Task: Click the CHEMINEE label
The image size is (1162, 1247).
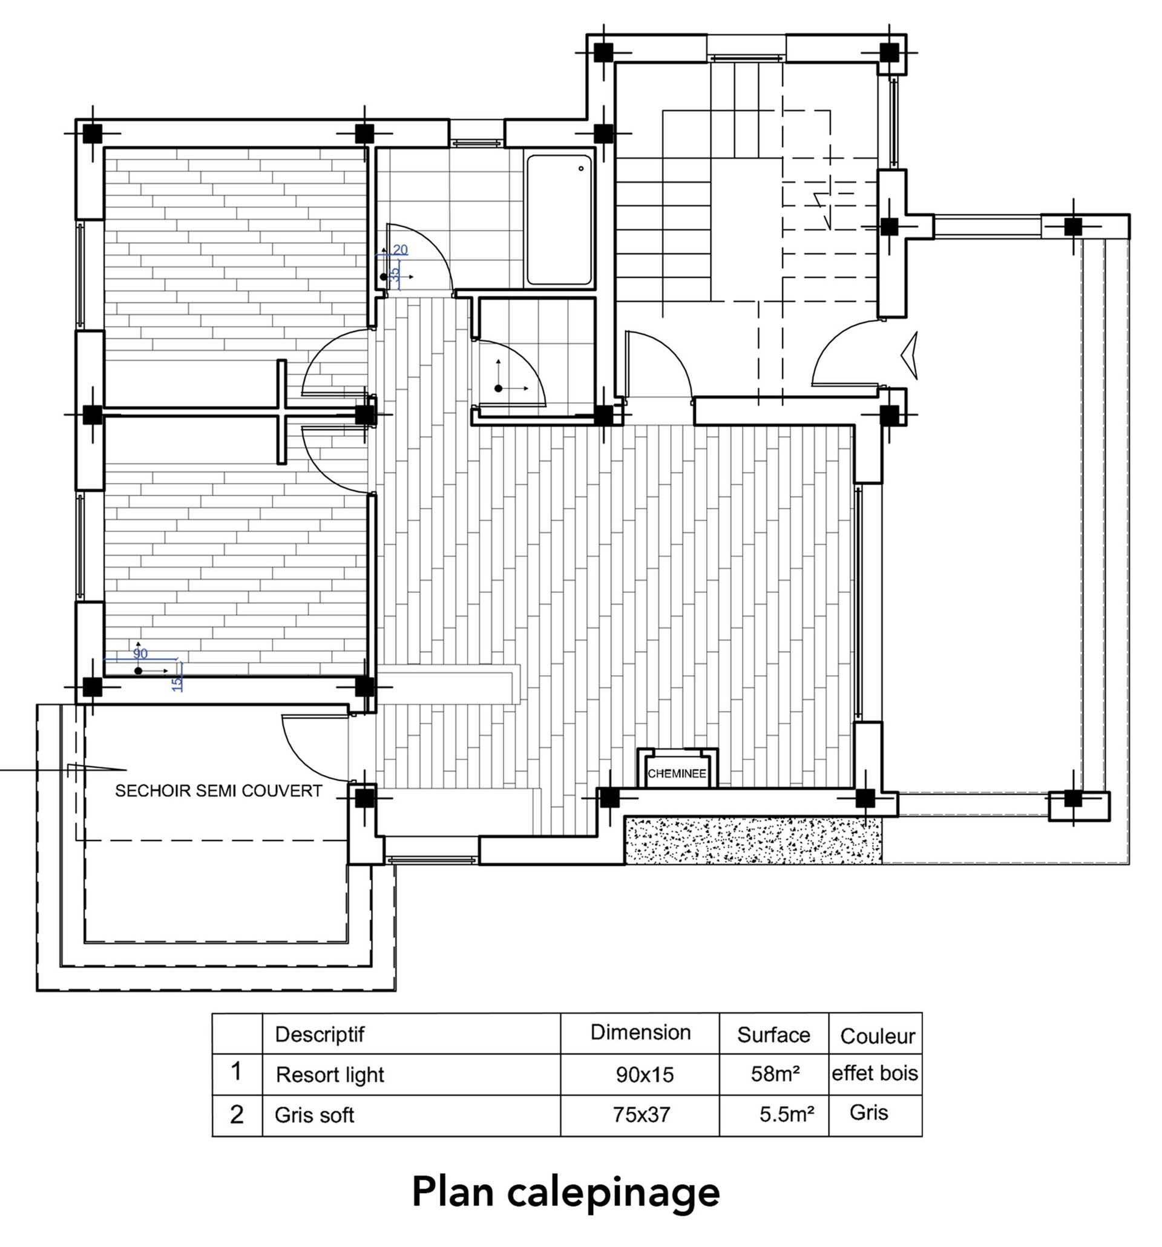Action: click(677, 773)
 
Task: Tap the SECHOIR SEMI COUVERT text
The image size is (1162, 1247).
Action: click(218, 791)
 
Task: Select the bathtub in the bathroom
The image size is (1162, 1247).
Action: click(559, 220)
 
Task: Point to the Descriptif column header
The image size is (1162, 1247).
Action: click(320, 1035)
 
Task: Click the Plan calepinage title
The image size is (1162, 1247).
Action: click(565, 1193)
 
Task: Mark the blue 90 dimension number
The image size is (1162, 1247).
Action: click(140, 653)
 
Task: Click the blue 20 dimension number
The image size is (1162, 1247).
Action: click(399, 250)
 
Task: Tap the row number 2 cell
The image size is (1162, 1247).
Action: click(237, 1114)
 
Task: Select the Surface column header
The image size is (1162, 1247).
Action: click(773, 1035)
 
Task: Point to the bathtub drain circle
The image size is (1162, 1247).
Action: click(581, 168)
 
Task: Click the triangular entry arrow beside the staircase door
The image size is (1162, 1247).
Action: click(909, 355)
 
